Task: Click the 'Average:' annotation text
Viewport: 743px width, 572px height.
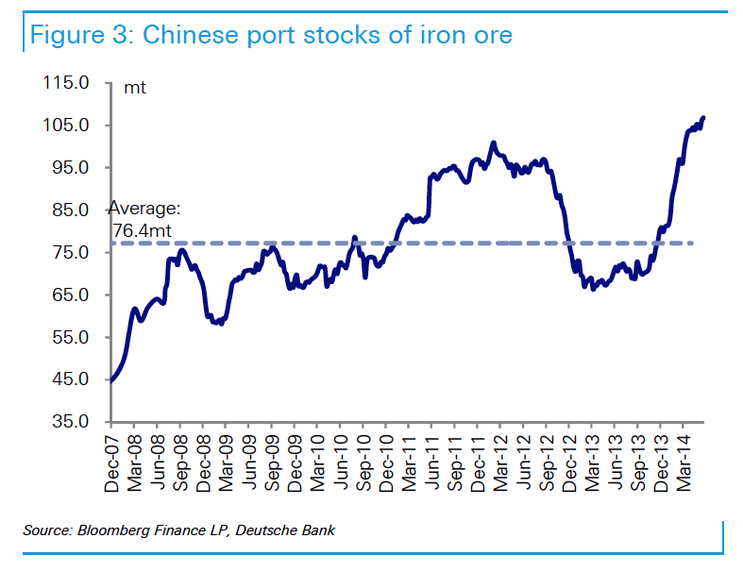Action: tap(144, 210)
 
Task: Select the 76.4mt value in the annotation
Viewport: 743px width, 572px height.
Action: tap(147, 228)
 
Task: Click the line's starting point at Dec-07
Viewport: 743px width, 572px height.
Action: tap(111, 380)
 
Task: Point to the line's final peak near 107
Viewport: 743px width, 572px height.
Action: tap(703, 118)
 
